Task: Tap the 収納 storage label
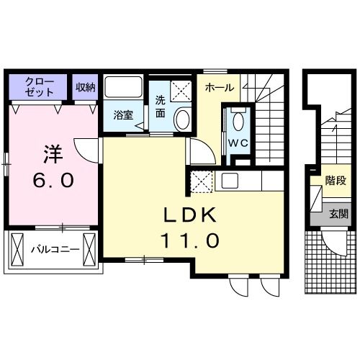click(x=85, y=86)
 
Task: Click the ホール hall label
click(x=219, y=88)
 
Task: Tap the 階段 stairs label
click(x=334, y=181)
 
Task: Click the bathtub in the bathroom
click(x=125, y=89)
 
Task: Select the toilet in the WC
click(x=238, y=120)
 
